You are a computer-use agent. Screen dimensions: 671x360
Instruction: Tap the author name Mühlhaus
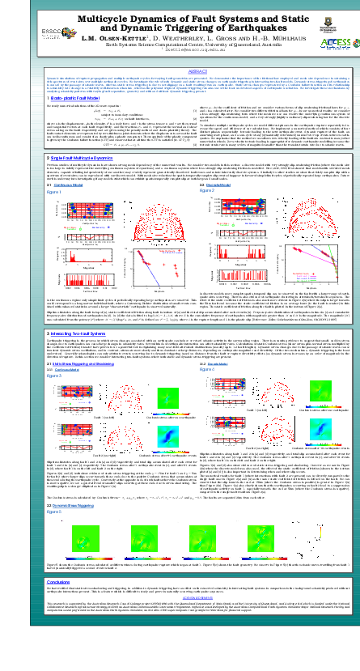[260, 39]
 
